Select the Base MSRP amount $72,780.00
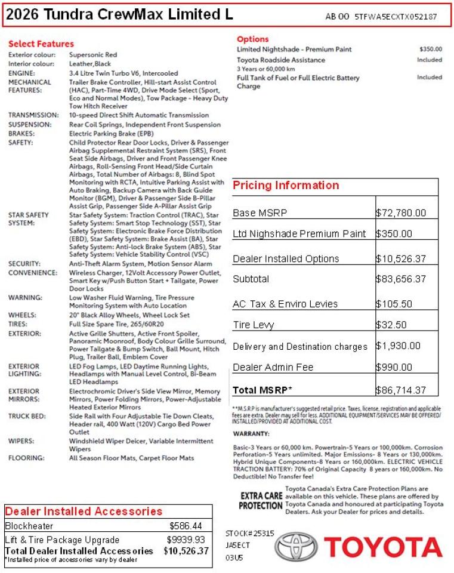pyautogui.click(x=401, y=212)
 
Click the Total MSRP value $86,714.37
pyautogui.click(x=401, y=390)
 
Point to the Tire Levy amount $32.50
pyautogui.click(x=391, y=325)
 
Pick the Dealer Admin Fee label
pyautogui.click(x=273, y=367)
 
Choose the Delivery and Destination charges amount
pyautogui.click(x=398, y=346)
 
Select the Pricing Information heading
pyautogui.click(x=286, y=186)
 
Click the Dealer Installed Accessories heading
pyautogui.click(x=84, y=512)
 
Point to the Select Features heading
pyautogui.click(x=41, y=44)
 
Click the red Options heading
pyautogui.click(x=253, y=39)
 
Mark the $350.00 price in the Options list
pyautogui.click(x=431, y=50)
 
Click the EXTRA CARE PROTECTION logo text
pyautogui.click(x=261, y=500)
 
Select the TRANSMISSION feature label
pyautogui.click(x=33, y=115)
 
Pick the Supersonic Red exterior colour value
pyautogui.click(x=92, y=55)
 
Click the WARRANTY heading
pyautogui.click(x=251, y=433)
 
